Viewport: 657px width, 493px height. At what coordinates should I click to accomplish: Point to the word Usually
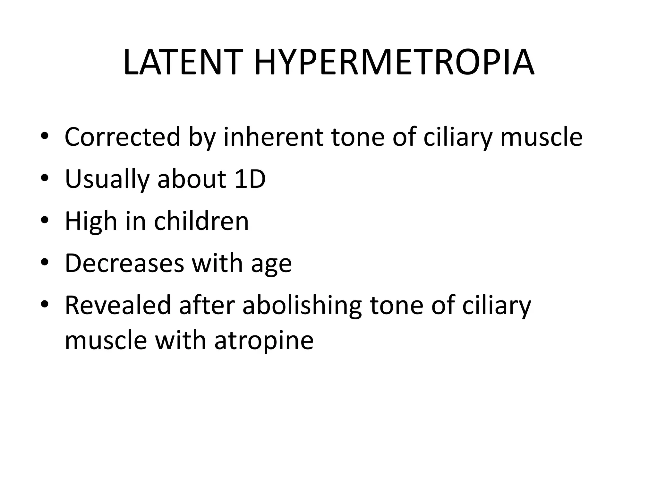click(x=107, y=179)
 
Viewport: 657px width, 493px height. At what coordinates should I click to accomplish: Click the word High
click(x=91, y=221)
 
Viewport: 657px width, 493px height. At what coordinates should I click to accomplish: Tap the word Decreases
click(x=124, y=263)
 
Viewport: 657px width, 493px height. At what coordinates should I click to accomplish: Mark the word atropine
click(x=264, y=341)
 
